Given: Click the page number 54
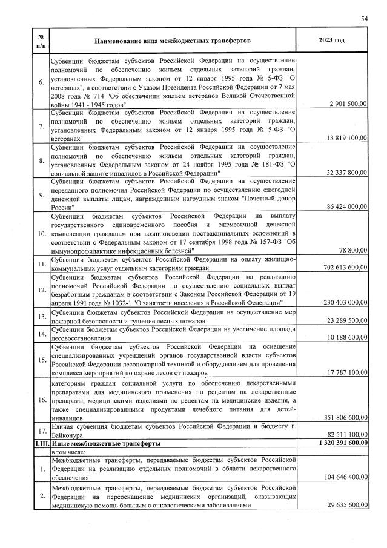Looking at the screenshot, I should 365,19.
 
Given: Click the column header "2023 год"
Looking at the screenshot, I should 331,40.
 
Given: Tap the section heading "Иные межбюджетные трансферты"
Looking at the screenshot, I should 105,443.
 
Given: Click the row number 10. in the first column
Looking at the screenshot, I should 41,233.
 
